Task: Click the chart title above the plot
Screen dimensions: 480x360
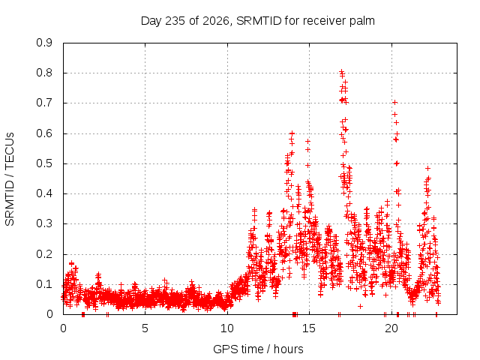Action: [x=258, y=21]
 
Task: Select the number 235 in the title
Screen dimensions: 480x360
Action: [x=175, y=21]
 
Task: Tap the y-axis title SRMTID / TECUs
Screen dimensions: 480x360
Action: [x=10, y=179]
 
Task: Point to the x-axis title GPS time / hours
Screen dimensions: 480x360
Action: [x=258, y=349]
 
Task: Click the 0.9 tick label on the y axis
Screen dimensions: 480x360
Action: [x=44, y=43]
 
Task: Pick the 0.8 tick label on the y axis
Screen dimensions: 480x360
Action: [x=44, y=73]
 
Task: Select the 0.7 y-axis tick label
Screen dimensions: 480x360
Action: [x=44, y=103]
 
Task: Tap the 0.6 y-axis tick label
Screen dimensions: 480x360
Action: [x=44, y=133]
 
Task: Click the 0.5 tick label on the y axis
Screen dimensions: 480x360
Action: [x=44, y=163]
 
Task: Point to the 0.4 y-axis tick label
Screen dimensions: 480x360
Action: [x=44, y=193]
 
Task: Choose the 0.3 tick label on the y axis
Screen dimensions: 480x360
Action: [x=44, y=223]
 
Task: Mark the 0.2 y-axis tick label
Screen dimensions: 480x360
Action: [x=44, y=254]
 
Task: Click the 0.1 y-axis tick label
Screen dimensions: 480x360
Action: [x=44, y=284]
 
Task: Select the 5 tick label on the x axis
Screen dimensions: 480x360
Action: [x=145, y=328]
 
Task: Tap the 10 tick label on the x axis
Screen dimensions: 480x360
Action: [x=227, y=328]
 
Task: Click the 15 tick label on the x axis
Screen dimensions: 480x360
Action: [x=309, y=328]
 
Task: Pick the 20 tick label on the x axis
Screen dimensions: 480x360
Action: [x=391, y=328]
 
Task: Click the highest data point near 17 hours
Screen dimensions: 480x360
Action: [x=342, y=72]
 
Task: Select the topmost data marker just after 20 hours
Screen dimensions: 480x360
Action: [x=395, y=102]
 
